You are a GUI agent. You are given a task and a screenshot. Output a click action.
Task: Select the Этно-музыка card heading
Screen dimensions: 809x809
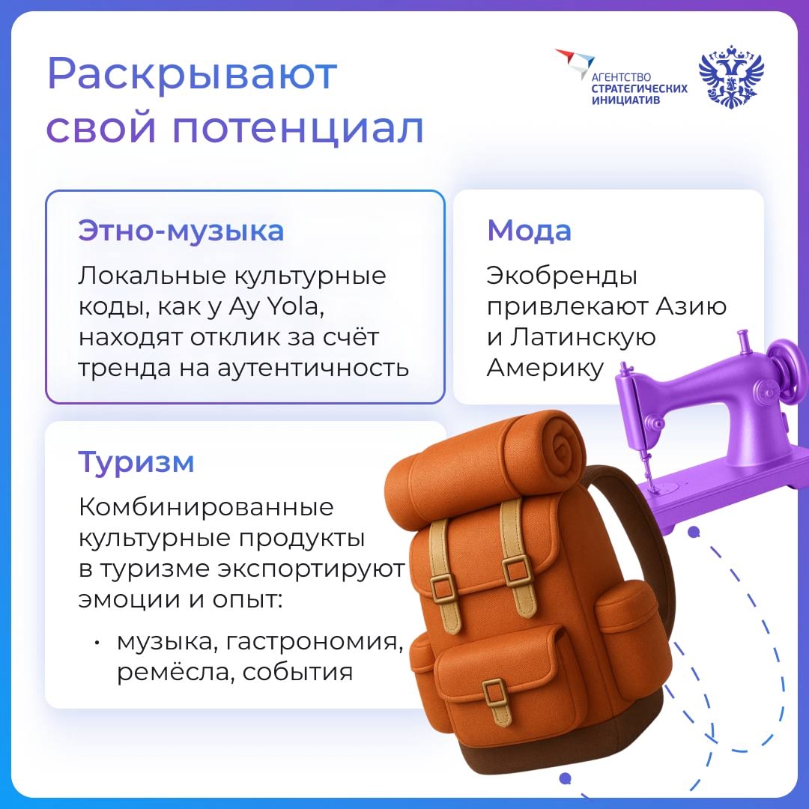coord(181,231)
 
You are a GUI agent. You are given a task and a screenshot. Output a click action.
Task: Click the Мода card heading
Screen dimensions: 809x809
coord(529,231)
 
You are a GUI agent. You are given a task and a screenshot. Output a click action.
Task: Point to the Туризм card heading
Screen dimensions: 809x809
coord(136,462)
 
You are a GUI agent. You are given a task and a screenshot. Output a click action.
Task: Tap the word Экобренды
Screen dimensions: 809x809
coord(562,276)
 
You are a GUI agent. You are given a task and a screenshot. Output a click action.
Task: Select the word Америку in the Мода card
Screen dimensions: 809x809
coord(545,368)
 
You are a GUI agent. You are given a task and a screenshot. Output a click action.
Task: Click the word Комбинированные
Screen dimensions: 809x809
coord(206,508)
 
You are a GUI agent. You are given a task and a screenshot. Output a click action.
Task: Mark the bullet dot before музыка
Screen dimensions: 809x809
coord(97,643)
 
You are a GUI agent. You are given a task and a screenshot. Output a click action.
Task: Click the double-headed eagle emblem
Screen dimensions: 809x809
coord(731,77)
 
